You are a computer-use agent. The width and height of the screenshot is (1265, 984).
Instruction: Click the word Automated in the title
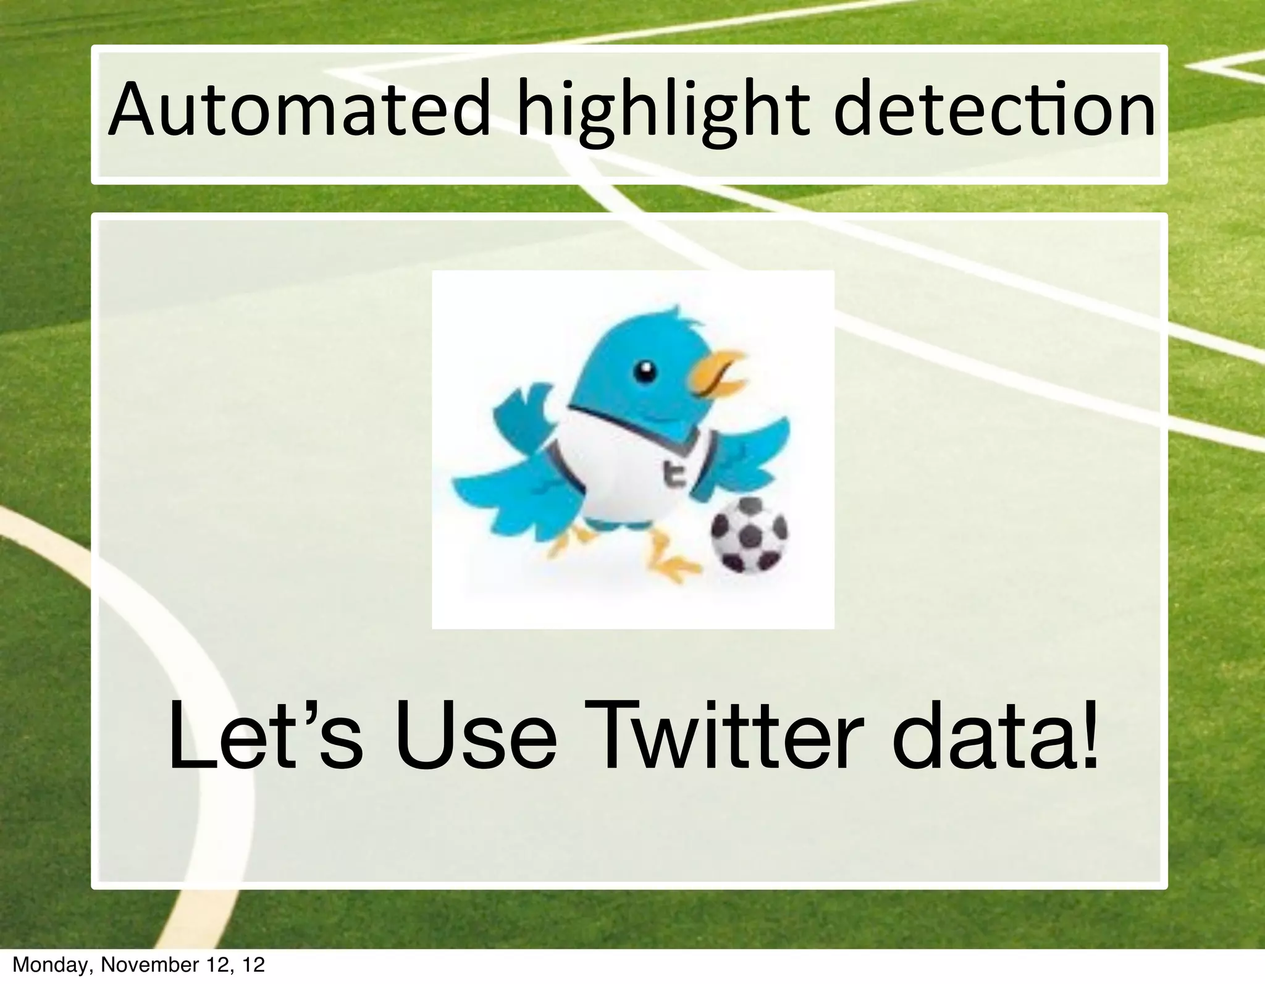tap(299, 111)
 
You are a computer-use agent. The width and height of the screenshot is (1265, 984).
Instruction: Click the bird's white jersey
tap(624, 469)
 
